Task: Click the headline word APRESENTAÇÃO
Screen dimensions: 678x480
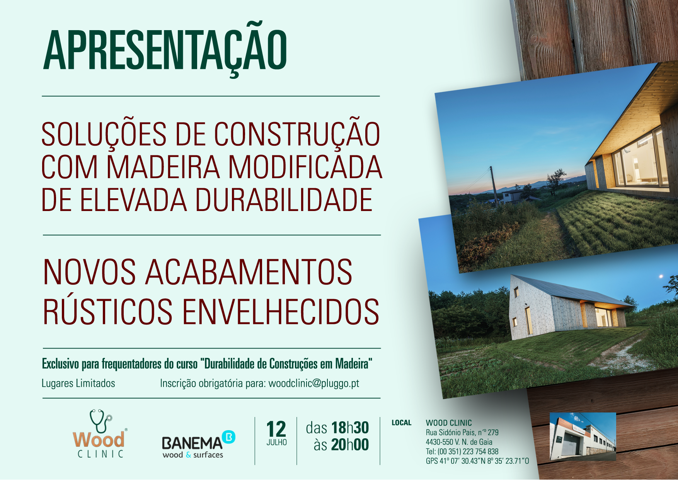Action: pos(165,49)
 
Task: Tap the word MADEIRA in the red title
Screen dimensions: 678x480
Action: pos(163,167)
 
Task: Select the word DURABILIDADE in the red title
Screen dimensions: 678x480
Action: pos(284,200)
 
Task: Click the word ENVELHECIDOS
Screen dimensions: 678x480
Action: pos(281,311)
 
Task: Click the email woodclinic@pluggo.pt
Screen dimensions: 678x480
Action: pos(314,383)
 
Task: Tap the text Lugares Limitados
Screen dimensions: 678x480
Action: pos(78,383)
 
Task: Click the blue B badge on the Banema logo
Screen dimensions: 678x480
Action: pos(229,437)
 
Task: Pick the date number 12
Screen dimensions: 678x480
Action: pos(276,429)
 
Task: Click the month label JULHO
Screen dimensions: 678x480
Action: pos(276,443)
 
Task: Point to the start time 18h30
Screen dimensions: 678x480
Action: pos(350,428)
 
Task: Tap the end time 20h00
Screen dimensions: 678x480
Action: pos(350,444)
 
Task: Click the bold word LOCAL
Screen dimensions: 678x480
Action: pos(402,423)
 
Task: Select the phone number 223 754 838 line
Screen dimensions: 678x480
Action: pos(462,451)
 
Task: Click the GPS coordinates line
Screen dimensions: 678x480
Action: pos(477,461)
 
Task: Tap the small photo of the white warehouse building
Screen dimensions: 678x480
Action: pos(583,436)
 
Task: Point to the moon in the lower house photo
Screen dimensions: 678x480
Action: pos(661,276)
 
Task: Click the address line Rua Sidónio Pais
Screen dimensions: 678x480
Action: pos(462,432)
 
